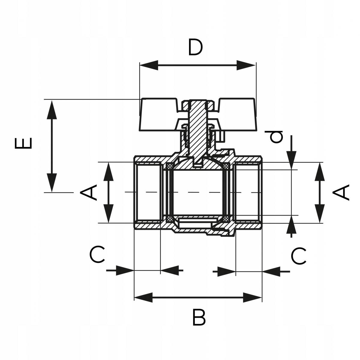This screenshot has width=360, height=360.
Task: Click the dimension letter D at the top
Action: (x=195, y=47)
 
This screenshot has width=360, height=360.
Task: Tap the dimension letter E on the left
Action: (x=23, y=143)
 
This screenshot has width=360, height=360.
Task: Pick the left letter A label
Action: (x=88, y=192)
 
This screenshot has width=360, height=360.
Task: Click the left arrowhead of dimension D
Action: (x=148, y=65)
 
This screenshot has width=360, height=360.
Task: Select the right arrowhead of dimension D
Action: (x=247, y=65)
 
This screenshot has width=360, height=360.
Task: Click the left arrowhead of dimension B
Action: (x=143, y=298)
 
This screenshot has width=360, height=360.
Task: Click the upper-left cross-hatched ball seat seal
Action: (x=170, y=166)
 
